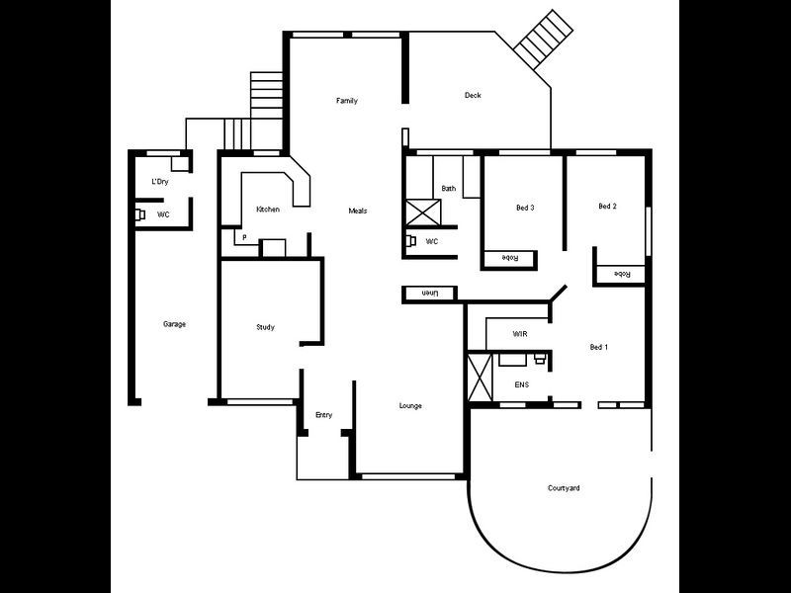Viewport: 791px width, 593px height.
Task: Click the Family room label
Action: click(x=346, y=101)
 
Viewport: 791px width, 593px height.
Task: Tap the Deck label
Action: click(x=473, y=96)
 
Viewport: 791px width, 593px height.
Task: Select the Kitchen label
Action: click(x=268, y=210)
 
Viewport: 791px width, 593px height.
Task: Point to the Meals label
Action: click(x=358, y=211)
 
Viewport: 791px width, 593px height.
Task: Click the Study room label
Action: click(x=265, y=327)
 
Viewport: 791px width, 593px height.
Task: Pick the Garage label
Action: click(x=174, y=324)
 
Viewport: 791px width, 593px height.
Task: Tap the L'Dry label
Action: click(x=160, y=183)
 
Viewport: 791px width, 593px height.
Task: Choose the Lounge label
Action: click(x=410, y=406)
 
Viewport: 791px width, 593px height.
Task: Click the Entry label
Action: click(x=323, y=415)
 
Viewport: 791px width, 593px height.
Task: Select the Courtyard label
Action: click(x=564, y=488)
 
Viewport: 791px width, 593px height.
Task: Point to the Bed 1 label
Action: click(x=598, y=347)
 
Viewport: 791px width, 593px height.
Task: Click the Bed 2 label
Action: click(x=607, y=207)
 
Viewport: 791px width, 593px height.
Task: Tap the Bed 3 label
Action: click(x=525, y=208)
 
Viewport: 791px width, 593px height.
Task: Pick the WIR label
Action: click(x=520, y=334)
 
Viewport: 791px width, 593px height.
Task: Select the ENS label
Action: click(x=521, y=384)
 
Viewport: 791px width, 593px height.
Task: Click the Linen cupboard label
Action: click(x=429, y=294)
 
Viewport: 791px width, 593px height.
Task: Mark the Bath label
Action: click(x=449, y=188)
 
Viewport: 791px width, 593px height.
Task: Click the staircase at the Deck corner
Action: click(x=540, y=40)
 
